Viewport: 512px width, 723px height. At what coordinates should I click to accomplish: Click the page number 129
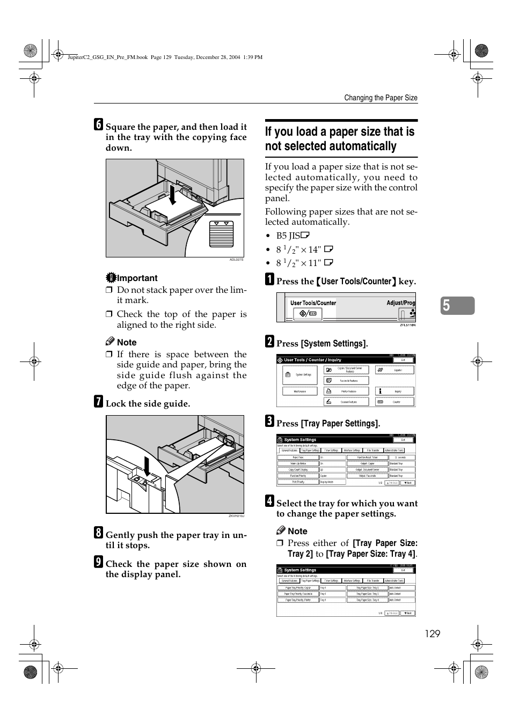click(x=432, y=634)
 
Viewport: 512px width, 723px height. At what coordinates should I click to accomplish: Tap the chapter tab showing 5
click(x=458, y=305)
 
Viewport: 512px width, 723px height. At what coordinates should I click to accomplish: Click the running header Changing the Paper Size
click(x=381, y=98)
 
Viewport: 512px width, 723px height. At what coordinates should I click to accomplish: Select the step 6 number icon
click(x=98, y=124)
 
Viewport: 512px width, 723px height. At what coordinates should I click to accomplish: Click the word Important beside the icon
click(x=137, y=278)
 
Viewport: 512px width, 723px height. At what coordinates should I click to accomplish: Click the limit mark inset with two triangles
click(x=222, y=232)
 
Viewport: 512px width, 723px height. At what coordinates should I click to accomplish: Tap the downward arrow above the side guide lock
click(x=147, y=466)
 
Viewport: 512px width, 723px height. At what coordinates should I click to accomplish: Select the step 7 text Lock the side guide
click(x=148, y=403)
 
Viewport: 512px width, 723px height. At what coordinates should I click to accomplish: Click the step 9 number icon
click(x=98, y=562)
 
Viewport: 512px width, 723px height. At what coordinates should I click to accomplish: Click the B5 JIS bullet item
click(x=293, y=235)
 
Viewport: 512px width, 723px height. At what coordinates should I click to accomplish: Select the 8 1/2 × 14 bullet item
click(x=304, y=249)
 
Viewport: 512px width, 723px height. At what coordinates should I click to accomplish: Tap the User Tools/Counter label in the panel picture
click(x=313, y=303)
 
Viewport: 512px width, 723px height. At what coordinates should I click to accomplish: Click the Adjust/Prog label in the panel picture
click(x=400, y=303)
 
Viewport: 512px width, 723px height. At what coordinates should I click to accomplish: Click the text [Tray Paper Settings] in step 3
click(x=340, y=423)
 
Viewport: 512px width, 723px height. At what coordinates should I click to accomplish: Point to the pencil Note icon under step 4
click(x=281, y=530)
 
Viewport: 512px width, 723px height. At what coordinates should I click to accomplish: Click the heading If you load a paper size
click(x=340, y=139)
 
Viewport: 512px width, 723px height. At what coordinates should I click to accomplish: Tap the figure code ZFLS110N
click(x=407, y=325)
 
